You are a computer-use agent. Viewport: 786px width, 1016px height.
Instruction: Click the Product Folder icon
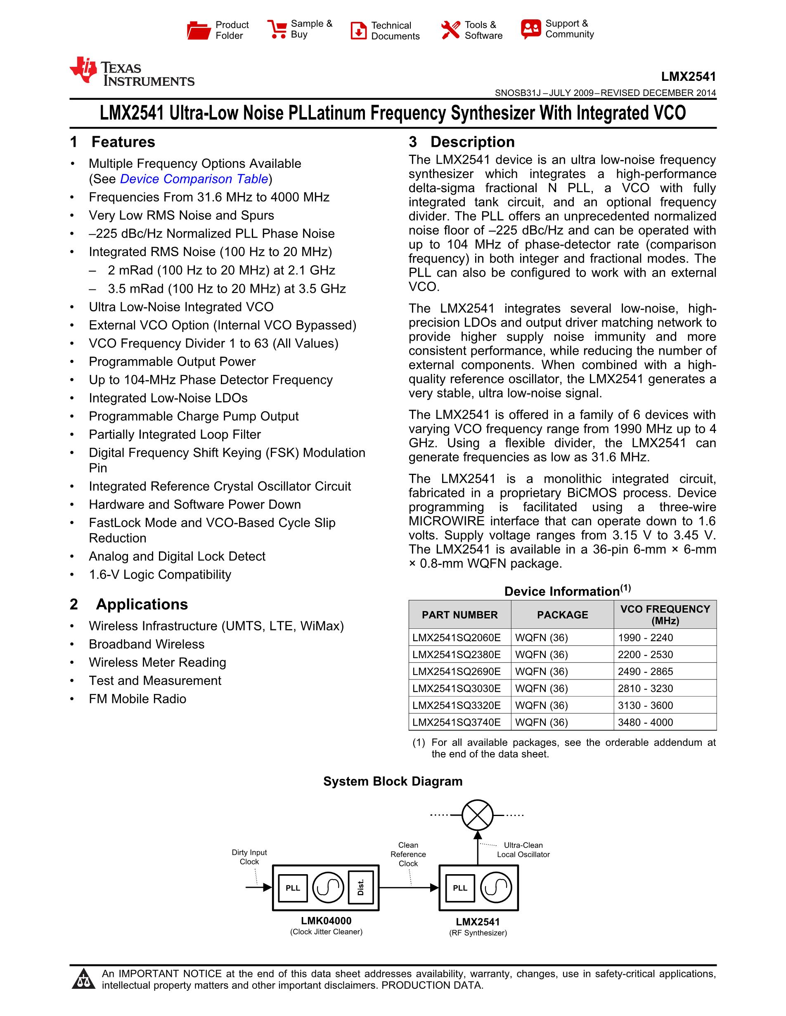199,30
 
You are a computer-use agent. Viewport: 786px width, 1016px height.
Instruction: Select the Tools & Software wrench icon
450,30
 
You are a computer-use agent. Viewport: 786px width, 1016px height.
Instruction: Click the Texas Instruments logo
132,72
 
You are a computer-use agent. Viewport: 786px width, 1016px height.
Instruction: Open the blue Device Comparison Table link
194,179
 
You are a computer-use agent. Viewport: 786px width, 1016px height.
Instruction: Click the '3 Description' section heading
462,142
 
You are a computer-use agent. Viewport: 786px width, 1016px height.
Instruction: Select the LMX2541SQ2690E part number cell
456,671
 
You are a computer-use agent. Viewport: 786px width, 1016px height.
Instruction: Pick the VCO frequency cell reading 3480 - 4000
645,722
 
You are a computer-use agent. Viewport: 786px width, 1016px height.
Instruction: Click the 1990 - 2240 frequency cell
645,637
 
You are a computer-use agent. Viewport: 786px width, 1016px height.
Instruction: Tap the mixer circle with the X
477,815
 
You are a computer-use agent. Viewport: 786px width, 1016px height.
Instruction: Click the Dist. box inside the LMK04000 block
360,888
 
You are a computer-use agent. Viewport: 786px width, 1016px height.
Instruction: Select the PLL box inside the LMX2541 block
460,888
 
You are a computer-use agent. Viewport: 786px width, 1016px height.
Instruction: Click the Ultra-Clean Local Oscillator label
523,849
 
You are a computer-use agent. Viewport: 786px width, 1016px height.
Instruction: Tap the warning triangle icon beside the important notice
84,978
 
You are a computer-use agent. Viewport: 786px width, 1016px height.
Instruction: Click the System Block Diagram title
393,781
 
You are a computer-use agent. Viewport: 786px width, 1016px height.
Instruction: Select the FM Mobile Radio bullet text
137,699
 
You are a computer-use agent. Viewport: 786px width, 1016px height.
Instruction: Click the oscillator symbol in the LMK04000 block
328,888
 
